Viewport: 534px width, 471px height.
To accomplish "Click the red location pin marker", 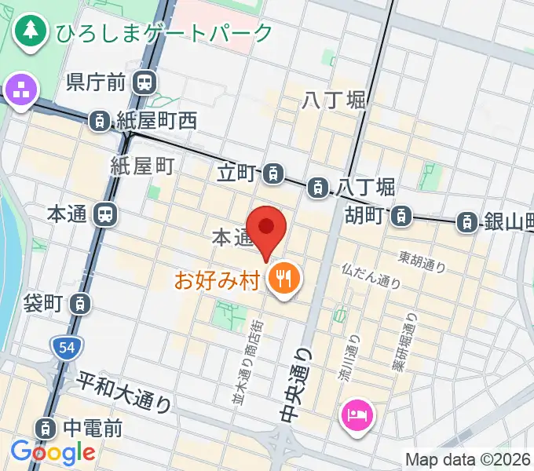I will [267, 228].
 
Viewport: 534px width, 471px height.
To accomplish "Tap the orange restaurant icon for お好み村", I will [281, 277].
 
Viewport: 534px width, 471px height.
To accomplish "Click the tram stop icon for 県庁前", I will [143, 81].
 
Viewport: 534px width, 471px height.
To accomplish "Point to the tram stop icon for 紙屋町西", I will [100, 121].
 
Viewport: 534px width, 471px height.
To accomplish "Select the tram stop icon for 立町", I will [272, 171].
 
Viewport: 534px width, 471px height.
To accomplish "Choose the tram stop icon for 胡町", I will [401, 214].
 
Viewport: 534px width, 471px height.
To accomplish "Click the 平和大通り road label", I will [124, 392].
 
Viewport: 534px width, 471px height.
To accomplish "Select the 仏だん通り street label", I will [371, 276].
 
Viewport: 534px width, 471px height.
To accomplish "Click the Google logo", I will [52, 452].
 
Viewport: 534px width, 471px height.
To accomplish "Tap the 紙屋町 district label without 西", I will [141, 166].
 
